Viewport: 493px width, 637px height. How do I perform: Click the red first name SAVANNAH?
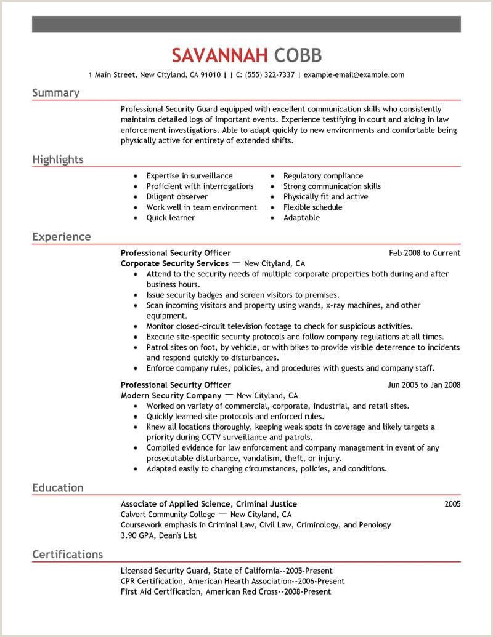coord(220,55)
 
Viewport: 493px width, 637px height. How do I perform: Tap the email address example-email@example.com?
coord(354,75)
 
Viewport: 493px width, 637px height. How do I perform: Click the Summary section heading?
coord(55,93)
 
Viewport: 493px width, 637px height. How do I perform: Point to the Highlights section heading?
coord(57,159)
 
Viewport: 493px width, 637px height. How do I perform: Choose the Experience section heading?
coord(61,236)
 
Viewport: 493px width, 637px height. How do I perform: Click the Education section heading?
coord(57,487)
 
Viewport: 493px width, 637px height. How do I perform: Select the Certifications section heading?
coord(67,554)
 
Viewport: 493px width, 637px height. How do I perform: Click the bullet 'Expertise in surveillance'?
coord(189,176)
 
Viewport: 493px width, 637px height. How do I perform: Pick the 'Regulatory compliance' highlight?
coord(323,176)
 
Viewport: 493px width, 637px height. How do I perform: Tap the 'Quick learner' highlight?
coord(170,218)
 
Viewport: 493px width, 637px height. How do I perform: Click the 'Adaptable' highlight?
coord(301,218)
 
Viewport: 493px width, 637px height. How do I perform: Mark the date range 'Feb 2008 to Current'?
coord(425,253)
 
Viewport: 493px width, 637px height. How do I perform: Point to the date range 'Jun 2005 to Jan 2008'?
coord(423,385)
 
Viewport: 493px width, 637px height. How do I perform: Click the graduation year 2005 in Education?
coord(452,504)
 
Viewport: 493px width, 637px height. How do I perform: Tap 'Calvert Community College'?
coord(168,515)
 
